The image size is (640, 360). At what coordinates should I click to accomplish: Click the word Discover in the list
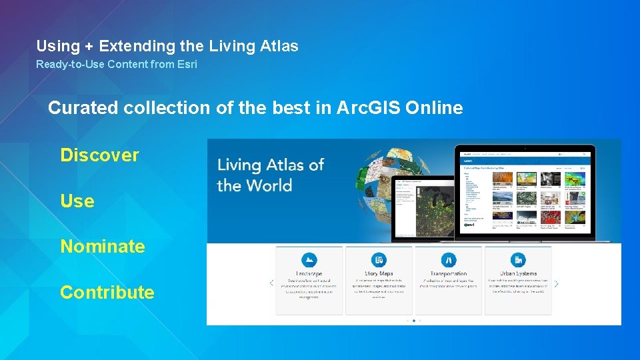[x=99, y=155]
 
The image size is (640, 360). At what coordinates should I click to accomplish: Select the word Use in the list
[x=77, y=201]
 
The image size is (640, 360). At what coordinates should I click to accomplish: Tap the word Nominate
[x=102, y=247]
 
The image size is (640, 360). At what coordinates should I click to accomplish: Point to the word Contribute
[x=107, y=292]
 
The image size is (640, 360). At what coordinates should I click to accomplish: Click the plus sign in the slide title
[x=88, y=46]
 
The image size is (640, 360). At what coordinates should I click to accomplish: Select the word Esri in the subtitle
[x=185, y=65]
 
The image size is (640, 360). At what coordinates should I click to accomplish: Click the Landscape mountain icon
[x=309, y=260]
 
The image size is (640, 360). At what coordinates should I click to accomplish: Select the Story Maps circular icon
[x=379, y=260]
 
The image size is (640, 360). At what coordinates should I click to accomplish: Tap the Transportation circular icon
[x=449, y=260]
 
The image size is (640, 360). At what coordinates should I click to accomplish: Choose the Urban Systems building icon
[x=518, y=260]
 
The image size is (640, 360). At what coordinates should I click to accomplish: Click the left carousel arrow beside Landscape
[x=271, y=283]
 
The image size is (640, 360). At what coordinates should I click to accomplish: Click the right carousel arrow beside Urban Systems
[x=557, y=283]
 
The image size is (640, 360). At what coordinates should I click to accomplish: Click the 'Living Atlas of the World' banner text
[x=270, y=175]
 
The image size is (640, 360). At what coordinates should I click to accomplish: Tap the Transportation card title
[x=449, y=274]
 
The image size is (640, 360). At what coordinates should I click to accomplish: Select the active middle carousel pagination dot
[x=414, y=321]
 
